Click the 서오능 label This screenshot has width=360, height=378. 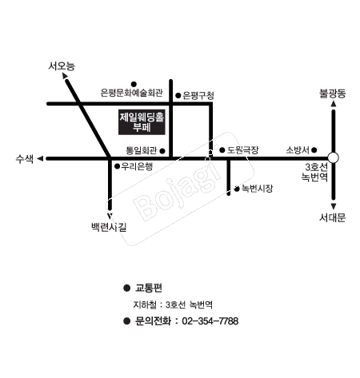point(62,66)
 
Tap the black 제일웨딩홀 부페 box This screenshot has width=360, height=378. point(142,122)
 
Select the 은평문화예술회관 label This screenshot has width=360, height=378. point(131,93)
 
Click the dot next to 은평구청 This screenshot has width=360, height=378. point(178,96)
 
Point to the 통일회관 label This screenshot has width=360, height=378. point(142,151)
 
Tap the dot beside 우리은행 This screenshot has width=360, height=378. point(117,166)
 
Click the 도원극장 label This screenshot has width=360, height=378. point(242,150)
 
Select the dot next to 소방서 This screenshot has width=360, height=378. point(314,150)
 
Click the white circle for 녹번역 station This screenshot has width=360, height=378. point(334,157)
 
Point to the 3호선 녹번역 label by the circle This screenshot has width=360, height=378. point(314,172)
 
